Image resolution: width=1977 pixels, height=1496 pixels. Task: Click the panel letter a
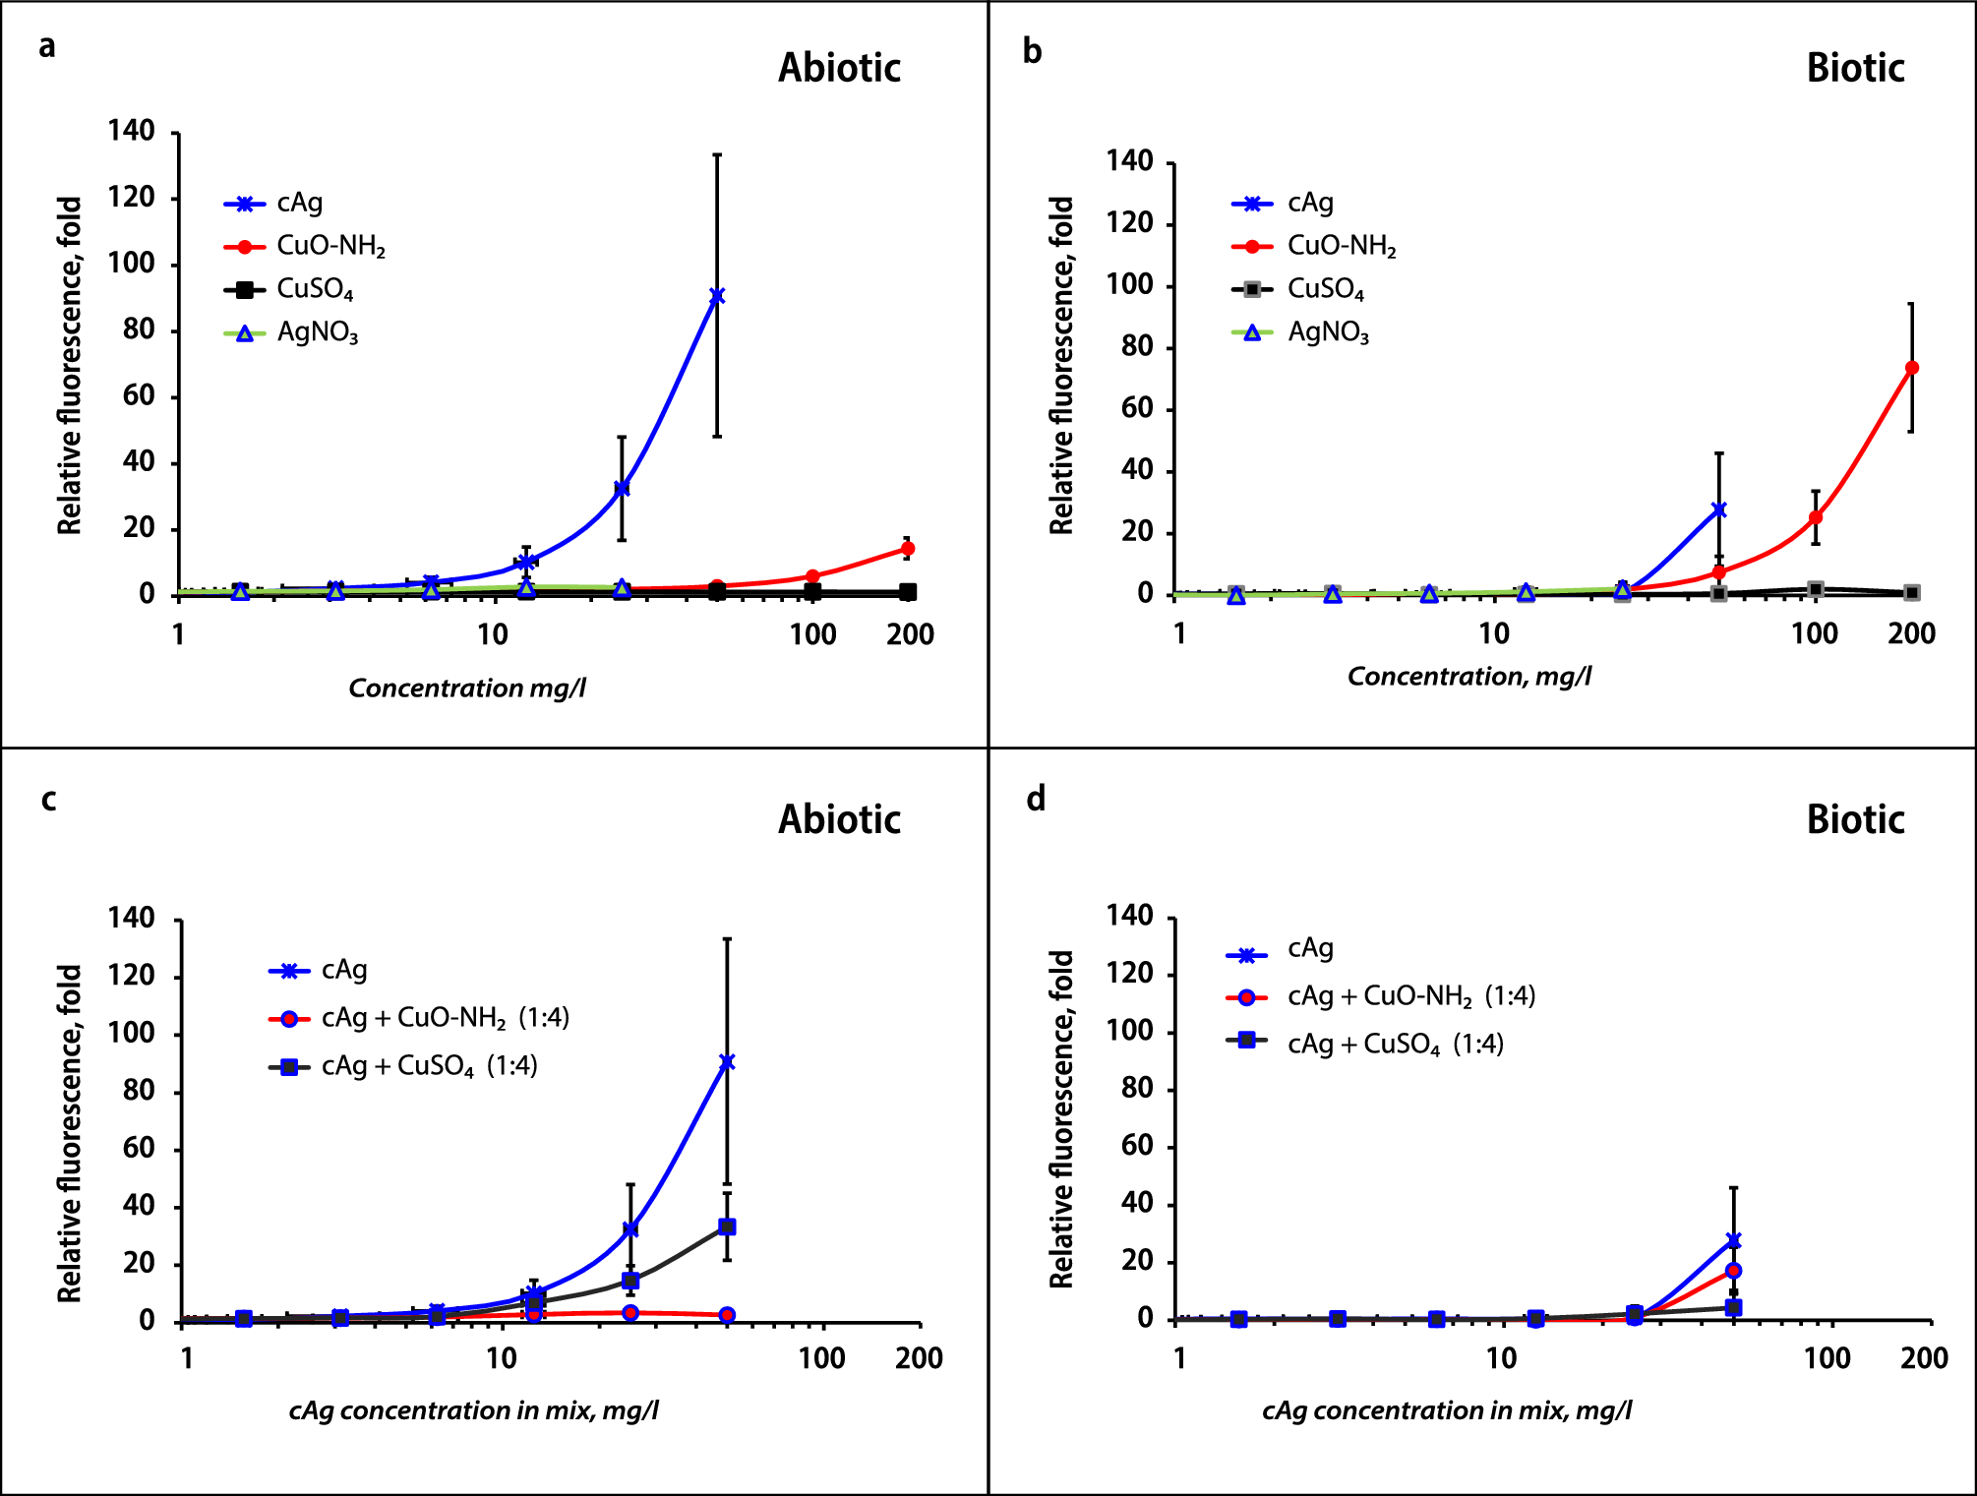point(47,46)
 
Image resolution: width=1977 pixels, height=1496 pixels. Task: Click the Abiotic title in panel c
point(839,819)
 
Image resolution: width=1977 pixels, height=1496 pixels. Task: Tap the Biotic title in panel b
point(1855,68)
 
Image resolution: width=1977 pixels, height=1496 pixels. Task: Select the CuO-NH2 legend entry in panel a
point(330,246)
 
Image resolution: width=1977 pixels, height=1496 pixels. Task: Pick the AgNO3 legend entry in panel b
point(1328,332)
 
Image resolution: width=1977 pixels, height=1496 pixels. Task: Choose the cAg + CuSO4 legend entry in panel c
point(429,1066)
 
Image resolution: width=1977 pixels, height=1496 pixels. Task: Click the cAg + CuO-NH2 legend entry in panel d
point(1410,996)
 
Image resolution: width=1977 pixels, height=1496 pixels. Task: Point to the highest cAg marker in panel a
point(717,295)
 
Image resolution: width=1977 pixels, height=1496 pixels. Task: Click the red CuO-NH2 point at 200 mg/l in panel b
point(1911,368)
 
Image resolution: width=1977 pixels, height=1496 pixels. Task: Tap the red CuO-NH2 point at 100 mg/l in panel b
point(1816,517)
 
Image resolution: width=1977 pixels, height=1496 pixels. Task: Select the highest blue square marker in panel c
point(727,1227)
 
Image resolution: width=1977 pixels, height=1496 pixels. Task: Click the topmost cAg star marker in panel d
point(1733,1241)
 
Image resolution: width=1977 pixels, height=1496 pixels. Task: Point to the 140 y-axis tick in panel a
point(132,131)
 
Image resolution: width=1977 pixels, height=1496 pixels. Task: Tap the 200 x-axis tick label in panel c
point(919,1358)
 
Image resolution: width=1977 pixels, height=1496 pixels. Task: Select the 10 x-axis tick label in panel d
point(1501,1358)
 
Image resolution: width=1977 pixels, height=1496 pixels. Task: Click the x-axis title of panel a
point(467,688)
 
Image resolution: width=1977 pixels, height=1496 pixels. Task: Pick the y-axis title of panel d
point(1061,1118)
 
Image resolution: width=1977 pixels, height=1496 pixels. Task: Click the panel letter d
point(1035,799)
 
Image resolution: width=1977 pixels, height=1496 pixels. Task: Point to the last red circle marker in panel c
point(727,1315)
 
